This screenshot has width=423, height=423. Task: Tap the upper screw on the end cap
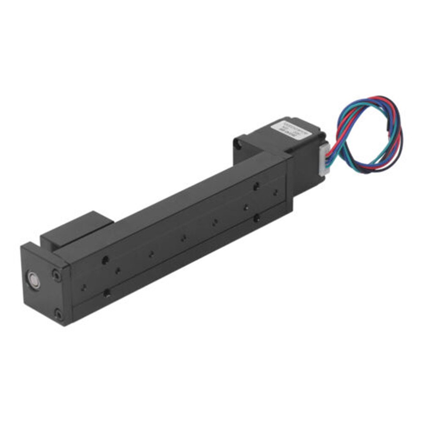point(56,276)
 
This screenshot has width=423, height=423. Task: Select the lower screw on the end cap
point(58,314)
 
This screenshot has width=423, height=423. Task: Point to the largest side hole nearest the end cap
point(105,260)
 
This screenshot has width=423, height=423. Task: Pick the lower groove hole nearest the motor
point(256,217)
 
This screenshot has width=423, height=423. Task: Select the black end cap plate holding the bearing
point(44,286)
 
